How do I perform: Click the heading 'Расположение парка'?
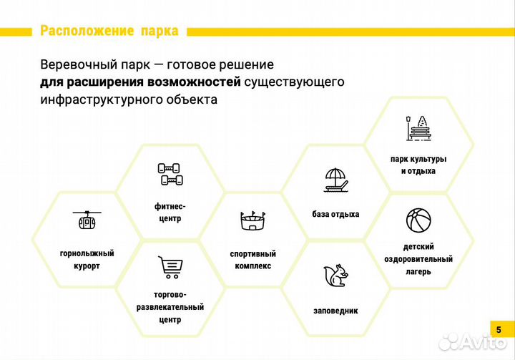tap(107, 31)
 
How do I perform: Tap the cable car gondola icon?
tap(87, 220)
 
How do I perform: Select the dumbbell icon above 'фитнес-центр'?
tap(170, 174)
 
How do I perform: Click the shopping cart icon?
tap(170, 266)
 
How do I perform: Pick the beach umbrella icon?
tap(335, 180)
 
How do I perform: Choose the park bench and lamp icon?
tap(418, 128)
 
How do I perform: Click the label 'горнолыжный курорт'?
tap(87, 259)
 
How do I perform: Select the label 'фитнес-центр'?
tap(170, 211)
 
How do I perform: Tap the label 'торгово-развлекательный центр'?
tap(170, 307)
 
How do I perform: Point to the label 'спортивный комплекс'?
tap(252, 259)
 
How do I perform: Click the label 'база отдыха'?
tap(335, 214)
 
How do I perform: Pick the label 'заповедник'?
tap(335, 311)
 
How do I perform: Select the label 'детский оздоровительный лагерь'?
tap(418, 259)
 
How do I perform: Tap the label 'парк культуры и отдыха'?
tap(418, 165)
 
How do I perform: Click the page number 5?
tap(499, 329)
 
